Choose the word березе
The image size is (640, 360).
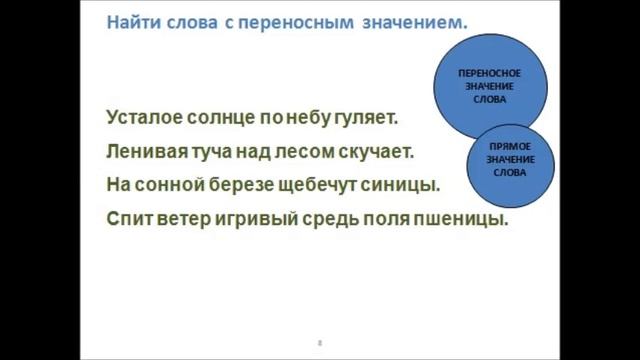[246, 186]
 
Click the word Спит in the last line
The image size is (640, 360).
[127, 220]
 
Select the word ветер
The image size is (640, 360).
[183, 220]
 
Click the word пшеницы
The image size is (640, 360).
[467, 220]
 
